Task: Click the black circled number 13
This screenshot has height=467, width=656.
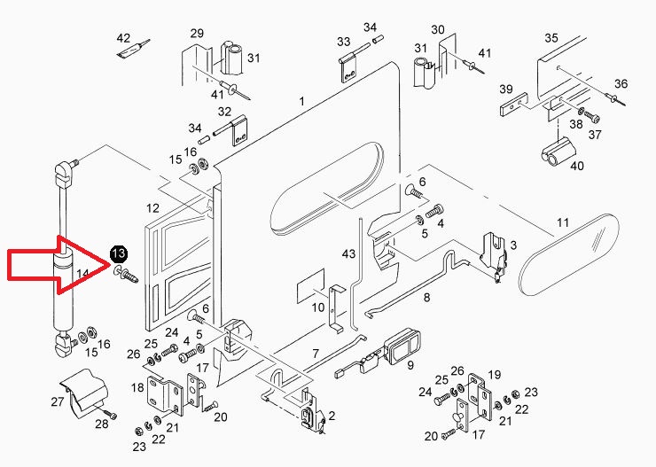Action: (119, 255)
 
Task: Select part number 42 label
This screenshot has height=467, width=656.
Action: (123, 38)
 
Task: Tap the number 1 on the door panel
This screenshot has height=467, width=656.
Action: (301, 103)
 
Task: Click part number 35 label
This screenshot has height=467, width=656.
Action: (551, 38)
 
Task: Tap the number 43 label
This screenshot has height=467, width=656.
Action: (348, 254)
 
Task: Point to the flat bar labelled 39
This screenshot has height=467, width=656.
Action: (513, 110)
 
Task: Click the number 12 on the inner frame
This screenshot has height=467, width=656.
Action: (152, 209)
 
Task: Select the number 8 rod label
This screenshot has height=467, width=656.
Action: (426, 297)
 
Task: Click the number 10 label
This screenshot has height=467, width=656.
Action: (317, 307)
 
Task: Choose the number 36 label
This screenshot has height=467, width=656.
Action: (621, 83)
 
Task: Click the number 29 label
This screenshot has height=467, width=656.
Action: (197, 33)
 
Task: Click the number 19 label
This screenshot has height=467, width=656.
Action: (494, 374)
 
